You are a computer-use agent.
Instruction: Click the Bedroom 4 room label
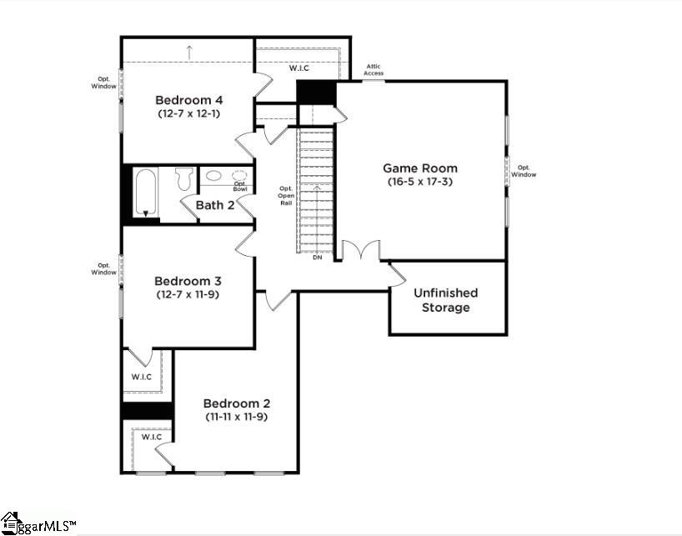188,100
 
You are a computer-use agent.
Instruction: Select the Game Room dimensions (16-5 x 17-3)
419,181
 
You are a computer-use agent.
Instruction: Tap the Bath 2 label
215,205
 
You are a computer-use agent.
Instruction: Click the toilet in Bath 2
184,178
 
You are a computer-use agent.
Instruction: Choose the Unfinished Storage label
446,300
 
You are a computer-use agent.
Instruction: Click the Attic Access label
374,70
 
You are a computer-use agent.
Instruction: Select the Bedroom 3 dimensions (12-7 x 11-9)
188,294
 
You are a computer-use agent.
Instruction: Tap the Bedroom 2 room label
237,403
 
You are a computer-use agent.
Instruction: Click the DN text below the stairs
317,258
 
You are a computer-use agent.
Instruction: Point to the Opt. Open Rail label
286,196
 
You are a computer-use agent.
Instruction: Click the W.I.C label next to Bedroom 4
299,68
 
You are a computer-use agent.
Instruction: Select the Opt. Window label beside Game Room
524,170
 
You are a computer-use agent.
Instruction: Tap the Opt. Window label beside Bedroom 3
104,268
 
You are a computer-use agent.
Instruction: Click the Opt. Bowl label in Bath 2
240,187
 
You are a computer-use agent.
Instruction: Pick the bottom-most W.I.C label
151,437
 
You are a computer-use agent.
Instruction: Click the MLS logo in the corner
37,523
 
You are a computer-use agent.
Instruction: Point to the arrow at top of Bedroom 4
189,52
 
